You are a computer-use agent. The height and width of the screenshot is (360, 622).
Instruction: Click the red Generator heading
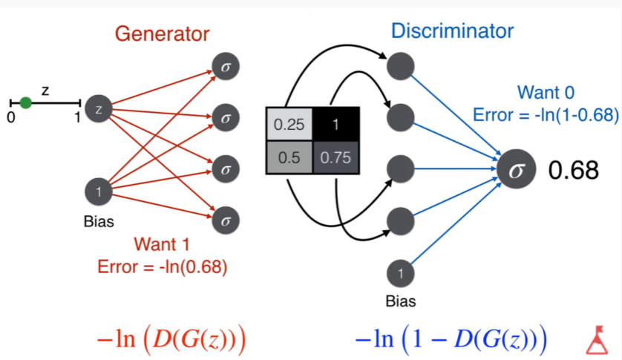point(162,33)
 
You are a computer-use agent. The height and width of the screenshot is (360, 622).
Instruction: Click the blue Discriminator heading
point(452,31)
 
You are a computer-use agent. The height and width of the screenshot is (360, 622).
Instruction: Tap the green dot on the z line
point(25,102)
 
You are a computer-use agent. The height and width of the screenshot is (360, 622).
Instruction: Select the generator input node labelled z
point(99,110)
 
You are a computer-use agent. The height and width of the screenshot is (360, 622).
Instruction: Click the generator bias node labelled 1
point(99,192)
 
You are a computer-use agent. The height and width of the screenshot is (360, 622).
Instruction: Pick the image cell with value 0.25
point(289,125)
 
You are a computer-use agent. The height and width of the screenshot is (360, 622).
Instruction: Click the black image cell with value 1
point(335,125)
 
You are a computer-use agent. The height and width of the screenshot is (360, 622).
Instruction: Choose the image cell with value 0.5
point(289,157)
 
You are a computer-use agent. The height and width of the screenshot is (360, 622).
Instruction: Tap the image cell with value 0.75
point(335,157)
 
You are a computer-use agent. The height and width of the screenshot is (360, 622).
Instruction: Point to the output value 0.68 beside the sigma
point(573,170)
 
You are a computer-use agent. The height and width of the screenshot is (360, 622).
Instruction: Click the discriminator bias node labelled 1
point(401,274)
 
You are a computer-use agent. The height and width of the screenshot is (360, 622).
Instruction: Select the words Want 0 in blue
point(546,94)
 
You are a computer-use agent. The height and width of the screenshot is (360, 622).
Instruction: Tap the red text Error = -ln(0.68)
point(162,266)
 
